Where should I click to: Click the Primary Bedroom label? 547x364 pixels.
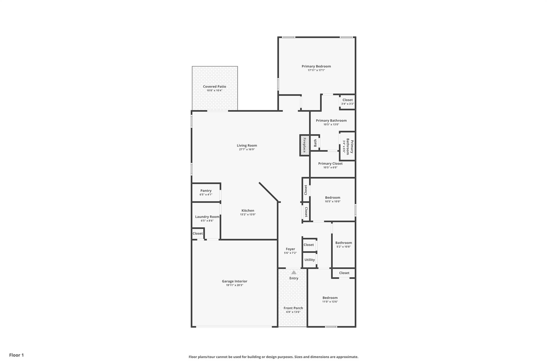[x=316, y=66]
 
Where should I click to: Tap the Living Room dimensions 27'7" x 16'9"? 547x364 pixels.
[x=247, y=150]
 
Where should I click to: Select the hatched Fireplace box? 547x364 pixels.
[x=304, y=145]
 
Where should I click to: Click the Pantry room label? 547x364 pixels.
[x=206, y=191]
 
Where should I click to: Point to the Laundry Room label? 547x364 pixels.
[x=207, y=217]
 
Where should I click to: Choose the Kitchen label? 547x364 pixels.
[x=248, y=211]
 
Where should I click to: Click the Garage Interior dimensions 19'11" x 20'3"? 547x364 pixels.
[x=235, y=285]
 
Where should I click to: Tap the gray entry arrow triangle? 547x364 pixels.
[x=294, y=273]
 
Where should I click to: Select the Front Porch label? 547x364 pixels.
[x=293, y=308]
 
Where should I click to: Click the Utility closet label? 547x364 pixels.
[x=310, y=260]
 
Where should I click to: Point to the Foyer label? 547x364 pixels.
[x=290, y=249]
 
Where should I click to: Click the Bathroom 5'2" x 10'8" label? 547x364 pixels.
[x=343, y=243]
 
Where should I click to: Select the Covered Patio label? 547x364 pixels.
[x=214, y=87]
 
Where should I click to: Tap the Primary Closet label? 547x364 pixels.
[x=330, y=164]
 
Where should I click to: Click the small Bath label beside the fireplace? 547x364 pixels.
[x=315, y=143]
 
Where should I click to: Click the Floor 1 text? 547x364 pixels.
[x=17, y=355]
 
